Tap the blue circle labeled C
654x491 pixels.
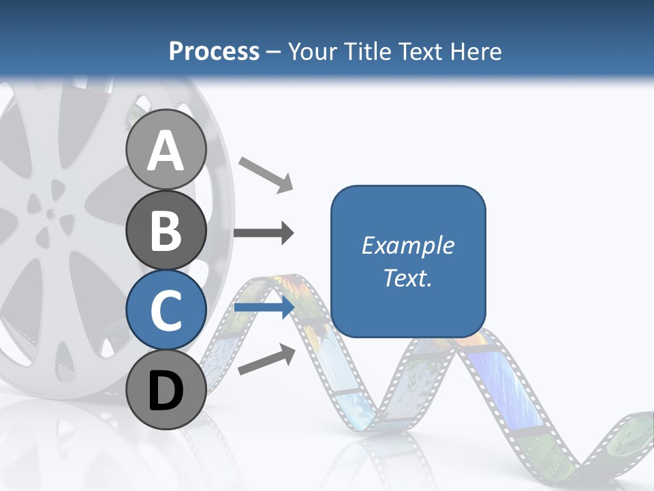coord(166,310)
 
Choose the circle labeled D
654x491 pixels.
coord(166,390)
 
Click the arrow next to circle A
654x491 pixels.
coord(266,174)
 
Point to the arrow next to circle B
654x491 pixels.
coord(264,233)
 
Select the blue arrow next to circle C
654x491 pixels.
coord(264,308)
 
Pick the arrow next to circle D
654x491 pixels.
coord(266,359)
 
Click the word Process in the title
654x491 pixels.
coord(214,52)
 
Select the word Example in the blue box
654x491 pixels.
coord(407,245)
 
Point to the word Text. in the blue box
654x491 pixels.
coord(407,278)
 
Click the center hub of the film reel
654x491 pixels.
coord(50,213)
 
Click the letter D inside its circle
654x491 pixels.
coord(166,391)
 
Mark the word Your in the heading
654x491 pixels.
coord(313,52)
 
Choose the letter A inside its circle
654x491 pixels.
coord(166,151)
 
